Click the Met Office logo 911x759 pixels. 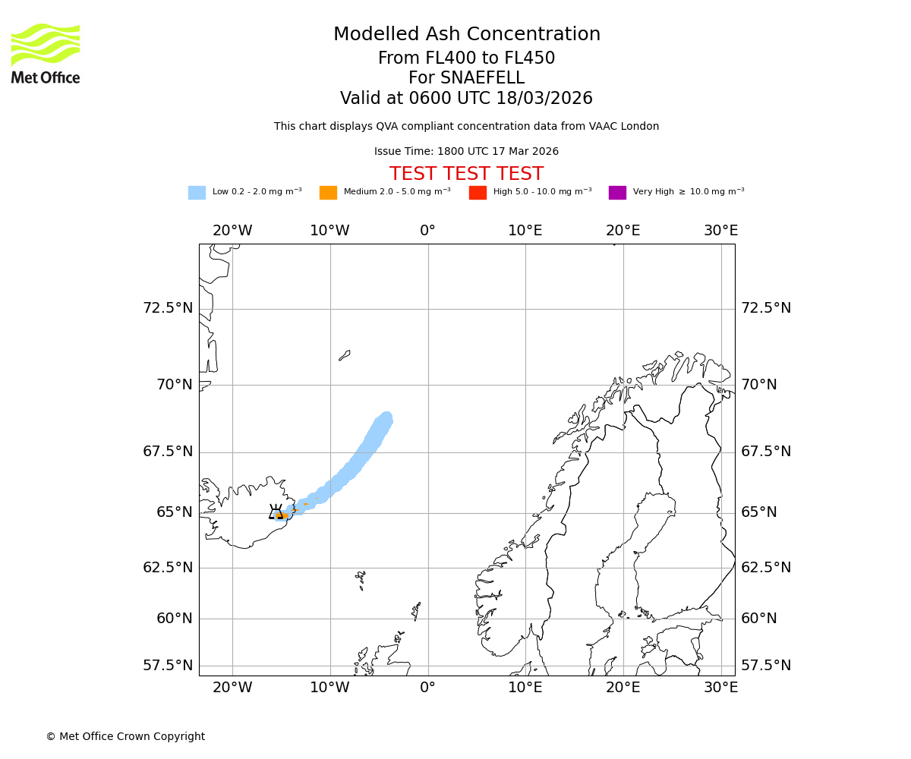click(46, 53)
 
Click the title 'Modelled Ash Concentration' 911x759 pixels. click(466, 35)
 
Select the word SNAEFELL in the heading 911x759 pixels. click(466, 78)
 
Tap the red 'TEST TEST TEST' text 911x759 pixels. click(466, 174)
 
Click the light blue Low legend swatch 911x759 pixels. click(197, 193)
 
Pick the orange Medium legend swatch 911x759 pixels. click(328, 193)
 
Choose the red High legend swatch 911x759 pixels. click(478, 193)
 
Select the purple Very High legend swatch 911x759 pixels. click(617, 193)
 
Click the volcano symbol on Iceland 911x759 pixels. click(276, 512)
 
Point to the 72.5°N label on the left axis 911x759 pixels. click(168, 308)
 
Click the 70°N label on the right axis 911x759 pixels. click(758, 385)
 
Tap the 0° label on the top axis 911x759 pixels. click(427, 231)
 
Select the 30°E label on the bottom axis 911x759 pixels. click(720, 688)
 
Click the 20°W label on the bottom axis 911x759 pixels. click(232, 688)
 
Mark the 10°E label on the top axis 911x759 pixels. click(525, 231)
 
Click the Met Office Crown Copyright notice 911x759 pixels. click(125, 736)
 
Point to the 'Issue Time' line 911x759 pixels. click(466, 152)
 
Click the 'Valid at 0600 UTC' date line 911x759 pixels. click(466, 99)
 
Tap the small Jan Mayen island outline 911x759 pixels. click(345, 355)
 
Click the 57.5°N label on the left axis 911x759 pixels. click(168, 666)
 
